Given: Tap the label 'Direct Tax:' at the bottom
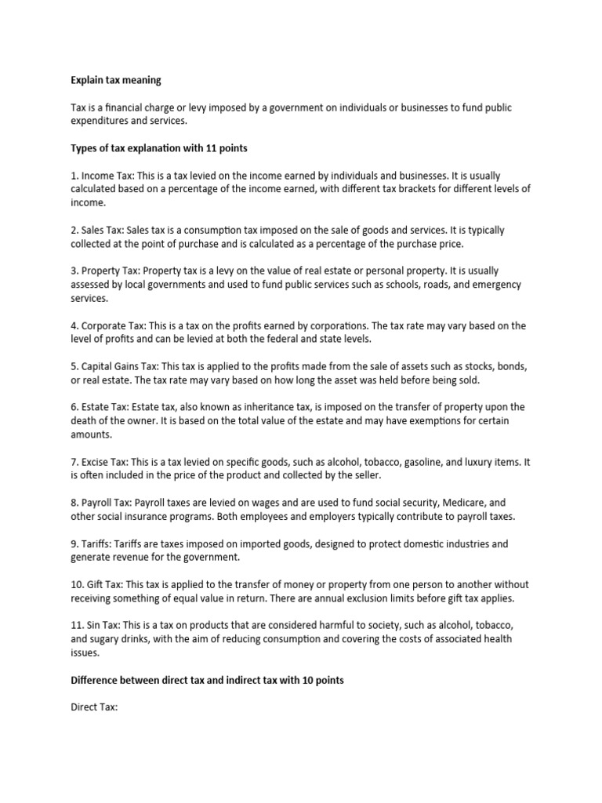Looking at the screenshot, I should [94, 707].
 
